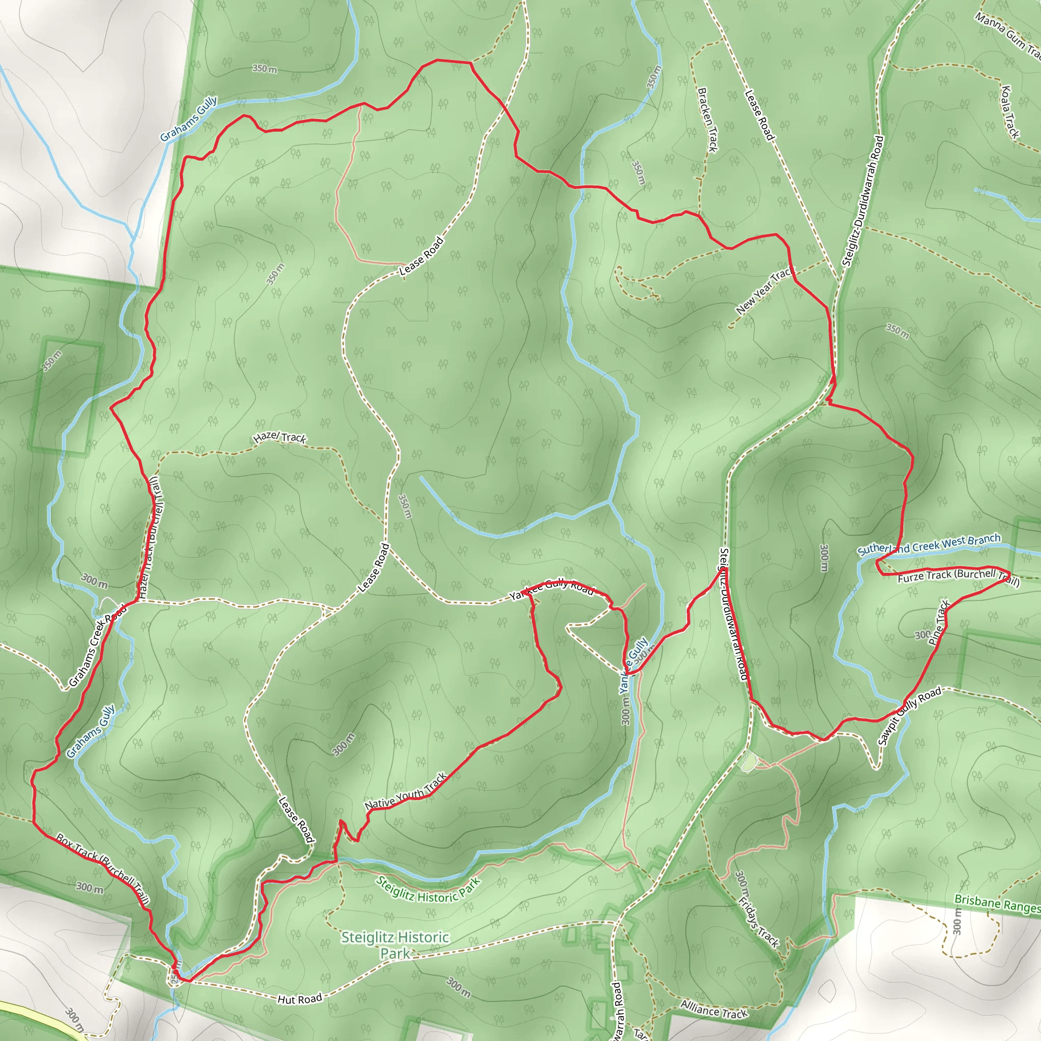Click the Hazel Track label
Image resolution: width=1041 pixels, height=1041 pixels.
click(x=280, y=437)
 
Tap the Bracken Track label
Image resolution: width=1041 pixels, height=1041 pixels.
click(x=708, y=119)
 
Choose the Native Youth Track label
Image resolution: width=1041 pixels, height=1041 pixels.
click(x=406, y=792)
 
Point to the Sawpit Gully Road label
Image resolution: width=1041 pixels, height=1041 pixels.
click(x=909, y=716)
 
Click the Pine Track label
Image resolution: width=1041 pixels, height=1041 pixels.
click(x=940, y=622)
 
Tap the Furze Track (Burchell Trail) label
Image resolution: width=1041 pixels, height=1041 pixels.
click(x=958, y=577)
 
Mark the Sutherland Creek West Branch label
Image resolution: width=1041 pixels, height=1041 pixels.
click(x=929, y=544)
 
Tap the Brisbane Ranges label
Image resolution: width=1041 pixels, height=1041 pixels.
click(x=997, y=904)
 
